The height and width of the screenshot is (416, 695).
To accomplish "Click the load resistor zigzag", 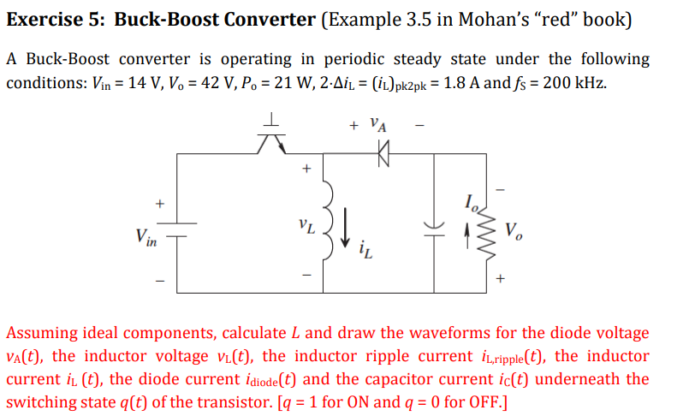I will tap(489, 231).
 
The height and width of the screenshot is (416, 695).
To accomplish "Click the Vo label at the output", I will tap(512, 229).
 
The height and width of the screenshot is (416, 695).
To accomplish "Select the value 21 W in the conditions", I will tap(258, 83).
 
